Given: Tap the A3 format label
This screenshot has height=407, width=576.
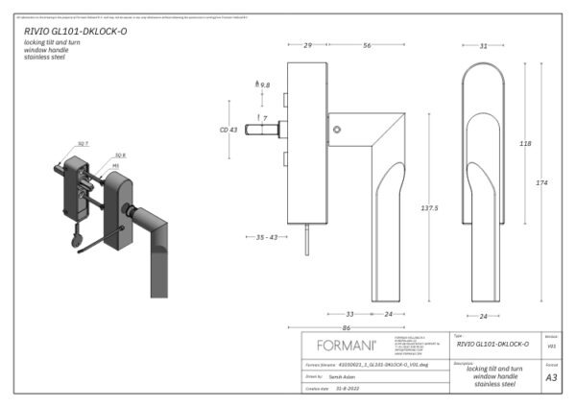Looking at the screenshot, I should [x=551, y=378].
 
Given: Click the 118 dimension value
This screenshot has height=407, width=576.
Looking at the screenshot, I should [x=525, y=143].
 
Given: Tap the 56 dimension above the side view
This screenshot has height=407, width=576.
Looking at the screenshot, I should [x=368, y=45].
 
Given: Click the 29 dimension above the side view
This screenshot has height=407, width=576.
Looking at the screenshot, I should [x=307, y=45].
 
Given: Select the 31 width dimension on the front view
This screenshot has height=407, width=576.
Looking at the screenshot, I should [x=483, y=45].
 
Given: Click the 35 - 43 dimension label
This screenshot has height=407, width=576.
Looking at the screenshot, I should [x=260, y=237].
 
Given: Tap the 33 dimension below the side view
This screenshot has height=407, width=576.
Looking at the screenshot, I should [x=349, y=314].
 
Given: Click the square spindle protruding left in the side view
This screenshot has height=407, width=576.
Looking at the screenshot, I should [x=260, y=127].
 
